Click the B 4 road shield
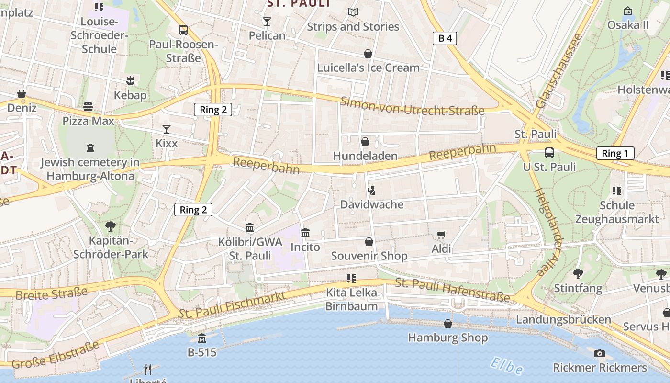click(445, 38)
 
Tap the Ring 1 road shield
click(615, 153)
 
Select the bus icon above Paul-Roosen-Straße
click(183, 30)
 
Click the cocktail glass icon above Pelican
click(267, 22)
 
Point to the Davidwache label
click(371, 204)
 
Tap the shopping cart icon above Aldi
click(441, 235)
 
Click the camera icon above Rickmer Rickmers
click(599, 354)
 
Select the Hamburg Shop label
click(447, 338)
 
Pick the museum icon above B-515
click(202, 338)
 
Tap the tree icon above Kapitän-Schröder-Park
click(111, 226)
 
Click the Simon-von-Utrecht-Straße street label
click(413, 106)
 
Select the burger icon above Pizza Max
click(88, 106)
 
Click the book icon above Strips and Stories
click(353, 12)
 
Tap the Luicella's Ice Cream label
click(368, 68)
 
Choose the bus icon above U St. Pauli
click(549, 153)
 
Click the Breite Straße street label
click(51, 293)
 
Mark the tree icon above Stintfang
click(578, 274)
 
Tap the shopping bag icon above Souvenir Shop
click(368, 241)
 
